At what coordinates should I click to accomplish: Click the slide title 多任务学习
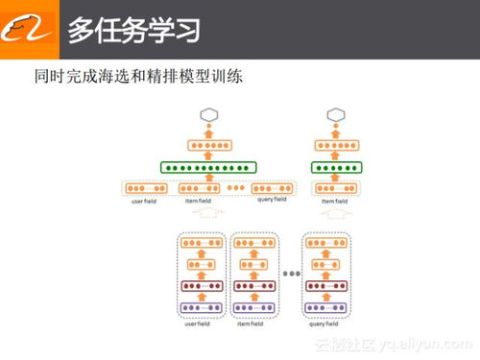(x=133, y=29)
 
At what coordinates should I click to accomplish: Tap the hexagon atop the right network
(x=334, y=115)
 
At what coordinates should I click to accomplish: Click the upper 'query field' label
(x=273, y=200)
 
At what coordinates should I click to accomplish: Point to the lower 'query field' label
(x=326, y=324)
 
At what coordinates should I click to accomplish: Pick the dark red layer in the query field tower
(x=326, y=285)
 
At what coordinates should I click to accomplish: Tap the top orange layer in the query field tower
(x=326, y=244)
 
